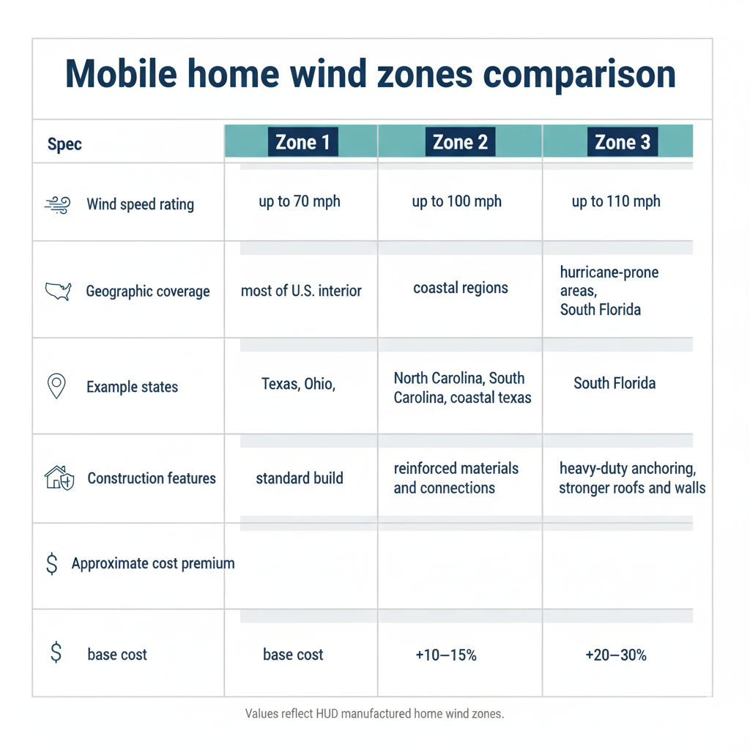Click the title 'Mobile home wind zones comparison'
point(371,75)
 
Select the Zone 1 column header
point(302,142)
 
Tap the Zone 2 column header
point(460,142)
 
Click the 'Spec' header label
point(64,144)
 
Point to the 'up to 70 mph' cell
point(300,201)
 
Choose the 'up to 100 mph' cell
point(457,201)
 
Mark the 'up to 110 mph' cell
point(616,201)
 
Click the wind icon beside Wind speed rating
point(57,204)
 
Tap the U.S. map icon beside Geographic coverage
point(58,292)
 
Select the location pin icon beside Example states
point(56,386)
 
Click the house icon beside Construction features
point(59,478)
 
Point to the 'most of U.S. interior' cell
point(301,292)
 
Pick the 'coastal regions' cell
point(461,288)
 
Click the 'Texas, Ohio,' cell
point(298,384)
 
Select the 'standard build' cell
point(300,478)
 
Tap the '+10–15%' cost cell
point(445,656)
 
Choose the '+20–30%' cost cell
point(616,656)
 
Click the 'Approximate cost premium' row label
point(153,564)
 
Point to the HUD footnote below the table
point(374,713)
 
